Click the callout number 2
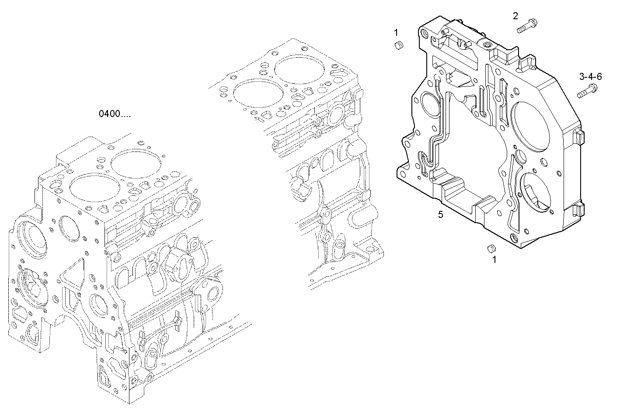[516, 16]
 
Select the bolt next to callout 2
[527, 25]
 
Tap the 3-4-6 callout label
[590, 77]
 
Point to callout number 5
[441, 214]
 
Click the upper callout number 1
[396, 32]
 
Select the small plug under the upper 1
[398, 45]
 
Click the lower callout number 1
[495, 260]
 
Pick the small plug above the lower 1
[491, 248]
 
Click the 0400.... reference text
[114, 114]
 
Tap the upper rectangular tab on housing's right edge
[578, 136]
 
